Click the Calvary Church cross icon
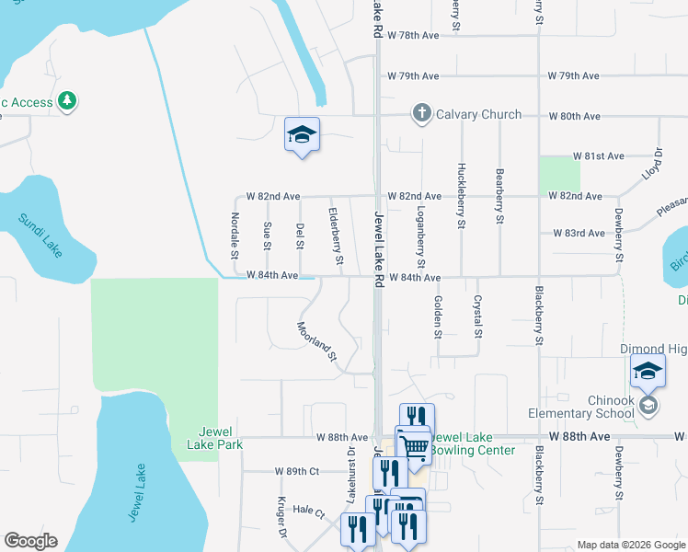pyautogui.click(x=422, y=114)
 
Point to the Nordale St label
pyautogui.click(x=235, y=237)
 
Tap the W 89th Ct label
pyautogui.click(x=296, y=471)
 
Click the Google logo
pyautogui.click(x=30, y=541)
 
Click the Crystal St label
pyautogui.click(x=476, y=315)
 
